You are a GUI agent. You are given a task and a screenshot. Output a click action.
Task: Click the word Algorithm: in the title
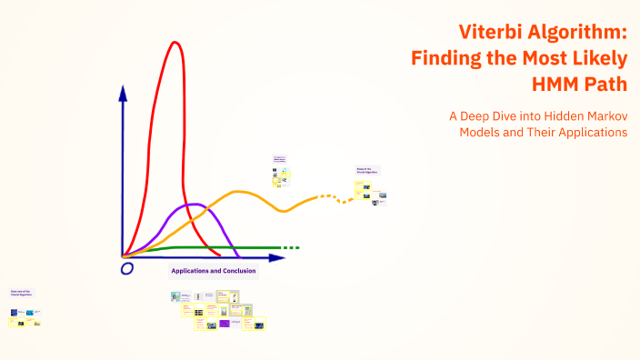pyautogui.click(x=582, y=33)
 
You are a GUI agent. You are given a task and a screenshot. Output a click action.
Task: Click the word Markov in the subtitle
pyautogui.click(x=607, y=115)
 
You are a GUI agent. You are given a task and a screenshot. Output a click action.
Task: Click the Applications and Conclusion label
pyautogui.click(x=214, y=271)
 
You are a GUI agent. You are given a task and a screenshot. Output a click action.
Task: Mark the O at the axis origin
pyautogui.click(x=127, y=268)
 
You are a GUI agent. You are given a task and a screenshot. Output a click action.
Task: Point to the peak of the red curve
pyautogui.click(x=174, y=43)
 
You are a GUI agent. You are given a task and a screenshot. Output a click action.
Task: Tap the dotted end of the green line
pyautogui.click(x=289, y=247)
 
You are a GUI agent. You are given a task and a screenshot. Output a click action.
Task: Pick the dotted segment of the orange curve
pyautogui.click(x=331, y=198)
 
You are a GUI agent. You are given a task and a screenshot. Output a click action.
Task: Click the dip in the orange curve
pyautogui.click(x=284, y=211)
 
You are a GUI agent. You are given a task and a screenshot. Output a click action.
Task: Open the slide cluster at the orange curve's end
pyautogui.click(x=371, y=187)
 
